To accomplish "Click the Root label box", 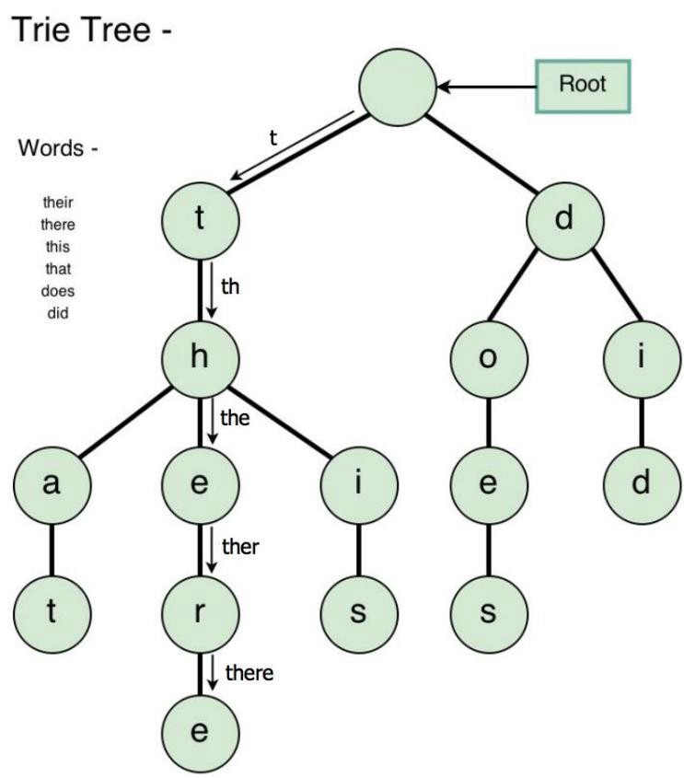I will [x=584, y=86].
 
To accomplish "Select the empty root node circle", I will [x=397, y=87].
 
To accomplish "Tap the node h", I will [x=200, y=357].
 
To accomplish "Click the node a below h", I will [x=52, y=485].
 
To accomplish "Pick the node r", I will [x=200, y=613].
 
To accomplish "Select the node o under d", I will [x=489, y=357].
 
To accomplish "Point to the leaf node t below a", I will [x=52, y=613].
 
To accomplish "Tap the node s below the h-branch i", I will [x=360, y=613].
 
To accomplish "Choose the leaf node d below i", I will [x=642, y=485].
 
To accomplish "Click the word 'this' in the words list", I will [x=58, y=247].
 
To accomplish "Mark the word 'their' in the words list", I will [x=58, y=203].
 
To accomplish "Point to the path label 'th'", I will [x=231, y=286].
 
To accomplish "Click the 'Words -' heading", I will [x=57, y=148].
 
